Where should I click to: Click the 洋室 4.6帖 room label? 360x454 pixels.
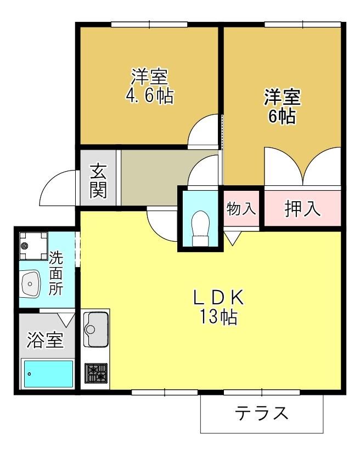(150, 86)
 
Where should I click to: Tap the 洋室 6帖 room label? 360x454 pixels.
(282, 106)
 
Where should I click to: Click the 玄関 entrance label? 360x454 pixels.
(98, 181)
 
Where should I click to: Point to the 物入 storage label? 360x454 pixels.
(241, 208)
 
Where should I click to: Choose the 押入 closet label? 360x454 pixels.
(302, 208)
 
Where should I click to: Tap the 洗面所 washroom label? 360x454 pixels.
(55, 273)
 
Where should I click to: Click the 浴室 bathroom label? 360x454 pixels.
(45, 340)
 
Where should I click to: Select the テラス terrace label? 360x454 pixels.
(261, 413)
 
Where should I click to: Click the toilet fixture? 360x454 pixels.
(201, 228)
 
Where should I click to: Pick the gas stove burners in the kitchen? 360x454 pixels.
(96, 373)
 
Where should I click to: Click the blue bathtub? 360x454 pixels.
(48, 374)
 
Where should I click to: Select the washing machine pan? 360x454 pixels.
(33, 246)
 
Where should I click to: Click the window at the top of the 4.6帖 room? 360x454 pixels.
(150, 24)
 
